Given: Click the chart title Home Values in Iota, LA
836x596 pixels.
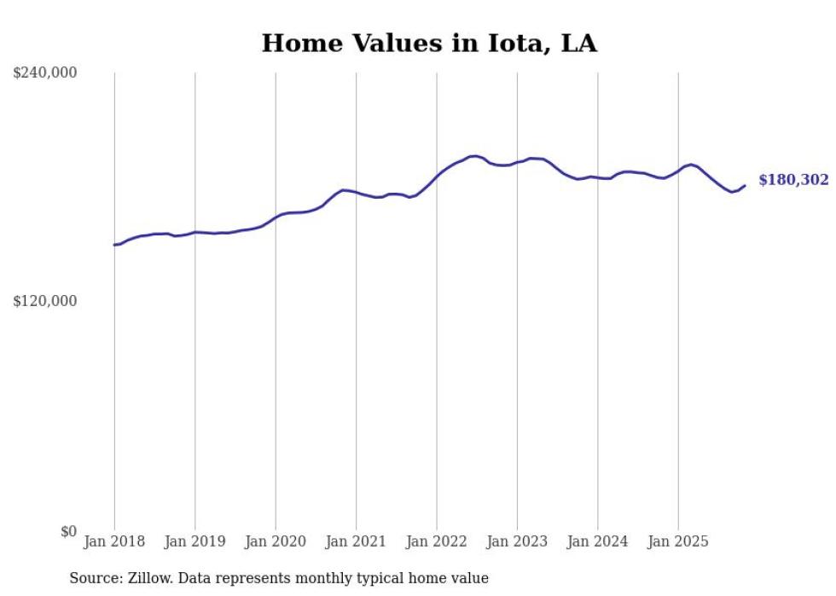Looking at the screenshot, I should point(429,43).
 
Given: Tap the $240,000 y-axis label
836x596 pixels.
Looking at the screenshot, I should point(44,73).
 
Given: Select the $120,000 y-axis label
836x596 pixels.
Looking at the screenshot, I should point(44,301).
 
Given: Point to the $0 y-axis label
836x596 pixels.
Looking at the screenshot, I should point(68,531).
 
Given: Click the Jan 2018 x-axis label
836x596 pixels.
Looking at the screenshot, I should point(114,541).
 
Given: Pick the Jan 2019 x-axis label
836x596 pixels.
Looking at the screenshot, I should point(195,541).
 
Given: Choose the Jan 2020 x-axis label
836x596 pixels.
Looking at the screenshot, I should point(276,541).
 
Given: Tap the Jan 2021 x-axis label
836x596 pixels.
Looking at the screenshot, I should point(357,541).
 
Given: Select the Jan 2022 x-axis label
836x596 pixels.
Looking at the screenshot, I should point(437,541).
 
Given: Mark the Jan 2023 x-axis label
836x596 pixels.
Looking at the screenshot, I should point(517,541).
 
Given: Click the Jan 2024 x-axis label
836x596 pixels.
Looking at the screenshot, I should point(598,541).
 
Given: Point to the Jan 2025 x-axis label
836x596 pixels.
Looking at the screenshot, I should point(678,541).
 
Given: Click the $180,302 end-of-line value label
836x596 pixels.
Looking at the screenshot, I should point(793,180).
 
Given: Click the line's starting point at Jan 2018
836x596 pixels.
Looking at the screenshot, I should point(114,245).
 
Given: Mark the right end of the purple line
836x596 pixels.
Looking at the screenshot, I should point(745,185).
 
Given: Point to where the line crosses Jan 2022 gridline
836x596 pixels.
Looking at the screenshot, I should point(437,176).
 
